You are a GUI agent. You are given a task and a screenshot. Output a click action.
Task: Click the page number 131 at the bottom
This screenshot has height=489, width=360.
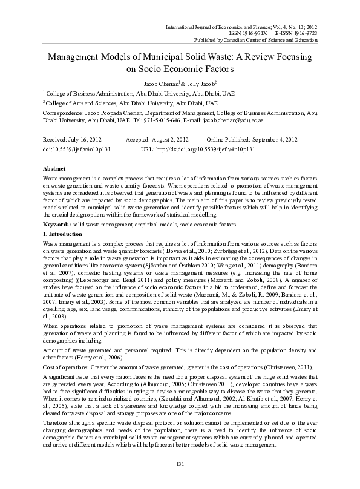[179, 481]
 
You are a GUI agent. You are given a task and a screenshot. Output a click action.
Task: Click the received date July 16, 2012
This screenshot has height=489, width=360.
[84, 139]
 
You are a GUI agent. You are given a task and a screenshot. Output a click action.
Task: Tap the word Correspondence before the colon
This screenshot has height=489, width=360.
[65, 113]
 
